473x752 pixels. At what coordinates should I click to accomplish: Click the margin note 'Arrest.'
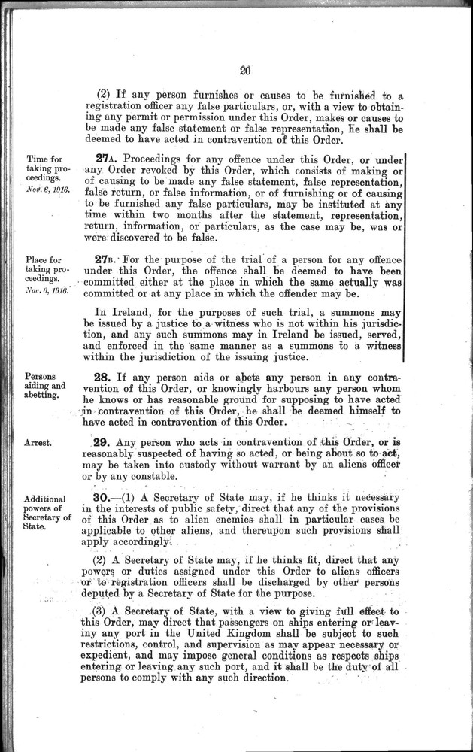coord(38,443)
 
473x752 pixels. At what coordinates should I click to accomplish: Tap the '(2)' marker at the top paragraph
coord(104,95)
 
